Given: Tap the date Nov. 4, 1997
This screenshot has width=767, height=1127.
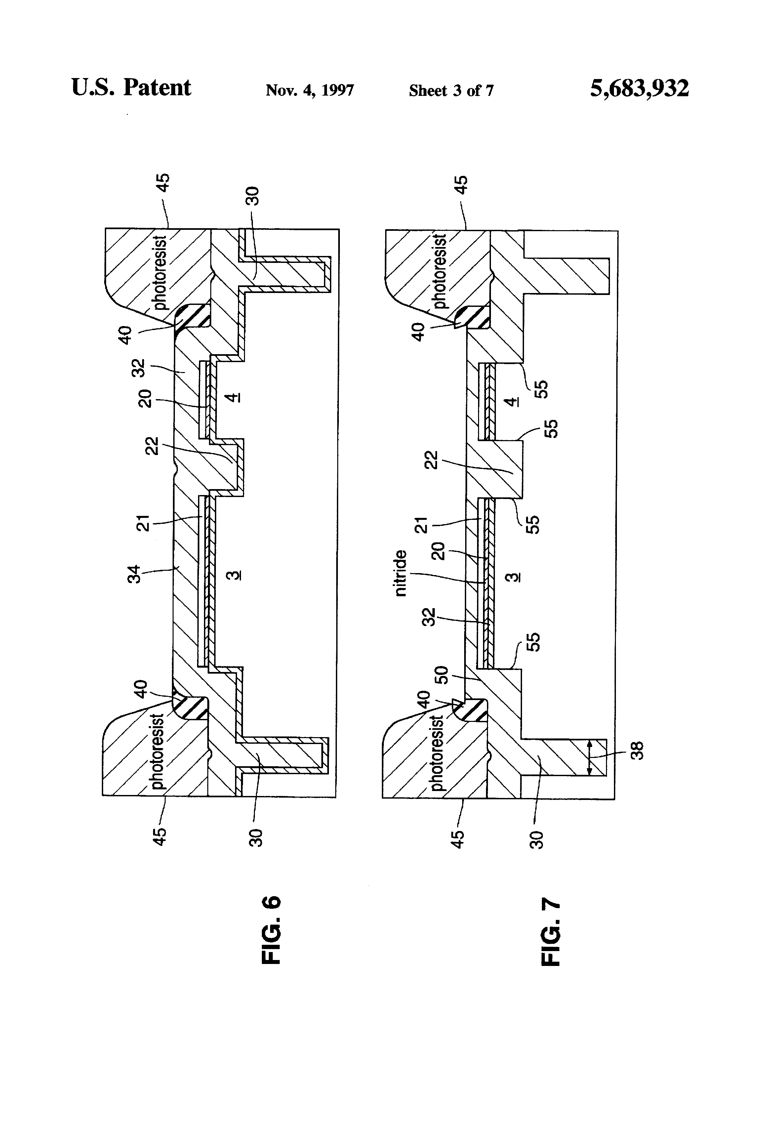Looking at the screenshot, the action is click(310, 90).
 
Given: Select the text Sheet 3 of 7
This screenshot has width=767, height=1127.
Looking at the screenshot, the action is click(451, 91).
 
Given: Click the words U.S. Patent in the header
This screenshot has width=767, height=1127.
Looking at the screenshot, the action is click(131, 88).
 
